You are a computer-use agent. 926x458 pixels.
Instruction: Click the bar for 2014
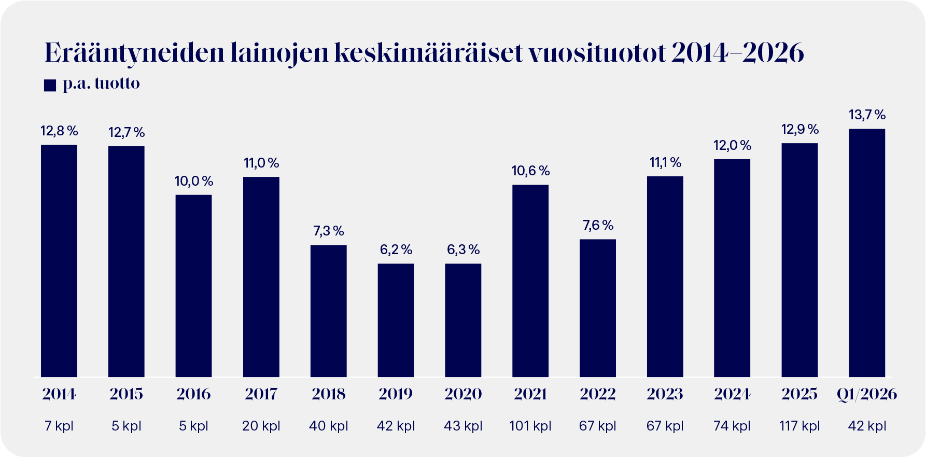pyautogui.click(x=59, y=260)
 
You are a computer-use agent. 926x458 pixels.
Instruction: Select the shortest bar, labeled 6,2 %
pyautogui.click(x=396, y=320)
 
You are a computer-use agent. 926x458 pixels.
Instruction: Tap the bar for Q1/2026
pyautogui.click(x=866, y=253)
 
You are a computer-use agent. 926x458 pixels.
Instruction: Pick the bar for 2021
pyautogui.click(x=530, y=281)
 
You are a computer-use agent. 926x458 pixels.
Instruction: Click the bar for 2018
pyautogui.click(x=328, y=311)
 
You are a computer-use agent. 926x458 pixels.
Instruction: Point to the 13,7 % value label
pyautogui.click(x=866, y=115)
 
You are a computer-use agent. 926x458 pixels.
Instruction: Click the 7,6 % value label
pyautogui.click(x=598, y=225)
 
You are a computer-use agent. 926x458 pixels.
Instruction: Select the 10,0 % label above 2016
pyautogui.click(x=194, y=181)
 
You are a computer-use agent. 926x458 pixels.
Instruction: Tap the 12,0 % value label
pyautogui.click(x=732, y=145)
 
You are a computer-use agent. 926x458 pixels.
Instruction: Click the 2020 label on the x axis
pyautogui.click(x=463, y=394)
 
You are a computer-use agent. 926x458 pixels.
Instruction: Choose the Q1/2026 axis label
pyautogui.click(x=866, y=394)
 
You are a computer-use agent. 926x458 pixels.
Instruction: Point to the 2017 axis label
pyautogui.click(x=261, y=394)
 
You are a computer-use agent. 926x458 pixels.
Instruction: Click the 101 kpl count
pyautogui.click(x=530, y=426)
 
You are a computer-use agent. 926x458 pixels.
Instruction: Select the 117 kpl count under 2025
pyautogui.click(x=799, y=426)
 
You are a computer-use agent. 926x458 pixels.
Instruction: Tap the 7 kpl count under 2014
pyautogui.click(x=59, y=426)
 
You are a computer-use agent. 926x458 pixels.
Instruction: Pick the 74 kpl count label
pyautogui.click(x=732, y=426)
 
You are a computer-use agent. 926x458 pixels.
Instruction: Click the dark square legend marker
pyautogui.click(x=50, y=85)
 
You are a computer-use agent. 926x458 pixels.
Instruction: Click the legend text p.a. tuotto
pyautogui.click(x=101, y=84)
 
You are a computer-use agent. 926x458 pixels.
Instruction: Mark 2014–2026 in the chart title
pyautogui.click(x=737, y=53)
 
